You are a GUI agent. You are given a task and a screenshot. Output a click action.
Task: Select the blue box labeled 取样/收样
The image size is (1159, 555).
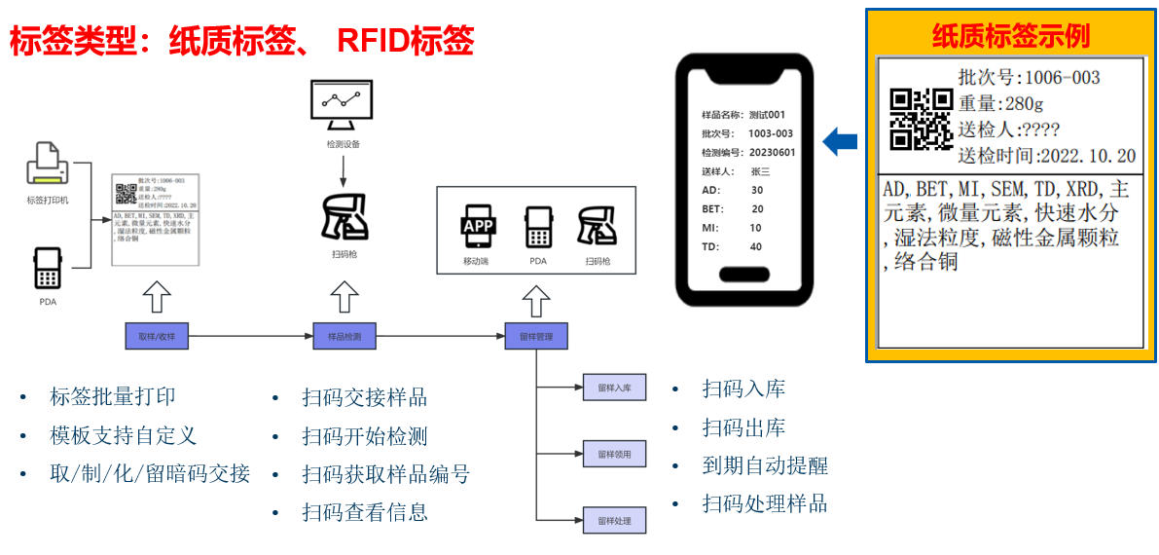[x=156, y=336]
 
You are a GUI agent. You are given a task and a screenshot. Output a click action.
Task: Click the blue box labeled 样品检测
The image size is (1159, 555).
[x=344, y=336]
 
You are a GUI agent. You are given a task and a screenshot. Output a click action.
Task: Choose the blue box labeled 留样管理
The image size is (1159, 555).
[x=535, y=336]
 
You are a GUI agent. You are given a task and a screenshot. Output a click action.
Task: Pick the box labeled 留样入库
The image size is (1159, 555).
[x=614, y=387]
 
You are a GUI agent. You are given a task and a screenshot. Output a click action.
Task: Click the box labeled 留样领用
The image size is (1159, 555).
[x=614, y=454]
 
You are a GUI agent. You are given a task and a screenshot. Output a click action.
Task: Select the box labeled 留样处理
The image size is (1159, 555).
[x=614, y=520]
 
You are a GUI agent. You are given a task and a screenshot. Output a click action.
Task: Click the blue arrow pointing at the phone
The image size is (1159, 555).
[x=839, y=142]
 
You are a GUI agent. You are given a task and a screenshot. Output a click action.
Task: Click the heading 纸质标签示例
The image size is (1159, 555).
[x=1010, y=36]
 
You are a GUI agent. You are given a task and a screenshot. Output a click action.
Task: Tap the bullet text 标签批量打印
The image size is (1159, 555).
[x=113, y=396]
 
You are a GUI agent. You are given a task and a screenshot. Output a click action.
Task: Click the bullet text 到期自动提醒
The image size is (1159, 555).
[x=765, y=465]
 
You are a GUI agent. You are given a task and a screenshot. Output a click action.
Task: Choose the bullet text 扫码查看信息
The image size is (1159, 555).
[x=365, y=512]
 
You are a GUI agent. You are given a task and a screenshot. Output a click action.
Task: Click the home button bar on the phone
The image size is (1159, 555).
[x=744, y=274]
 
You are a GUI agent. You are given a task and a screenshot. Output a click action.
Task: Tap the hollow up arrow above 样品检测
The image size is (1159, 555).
[x=344, y=295]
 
